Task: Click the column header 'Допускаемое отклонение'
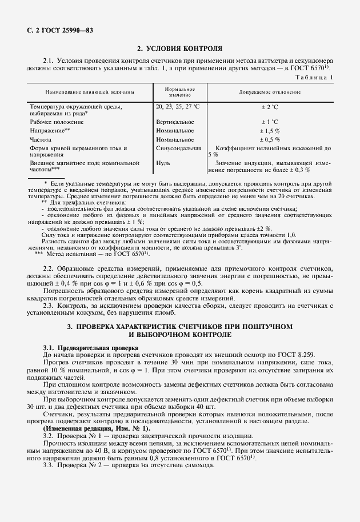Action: tap(270, 92)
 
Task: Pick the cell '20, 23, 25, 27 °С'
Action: tap(177, 106)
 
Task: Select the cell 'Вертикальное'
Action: tap(174, 122)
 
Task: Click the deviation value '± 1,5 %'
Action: tap(269, 130)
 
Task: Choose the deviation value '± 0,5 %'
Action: tap(269, 139)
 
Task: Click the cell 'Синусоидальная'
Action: tap(178, 148)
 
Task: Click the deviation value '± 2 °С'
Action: tap(269, 106)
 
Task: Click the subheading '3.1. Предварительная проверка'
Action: tap(91, 347)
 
